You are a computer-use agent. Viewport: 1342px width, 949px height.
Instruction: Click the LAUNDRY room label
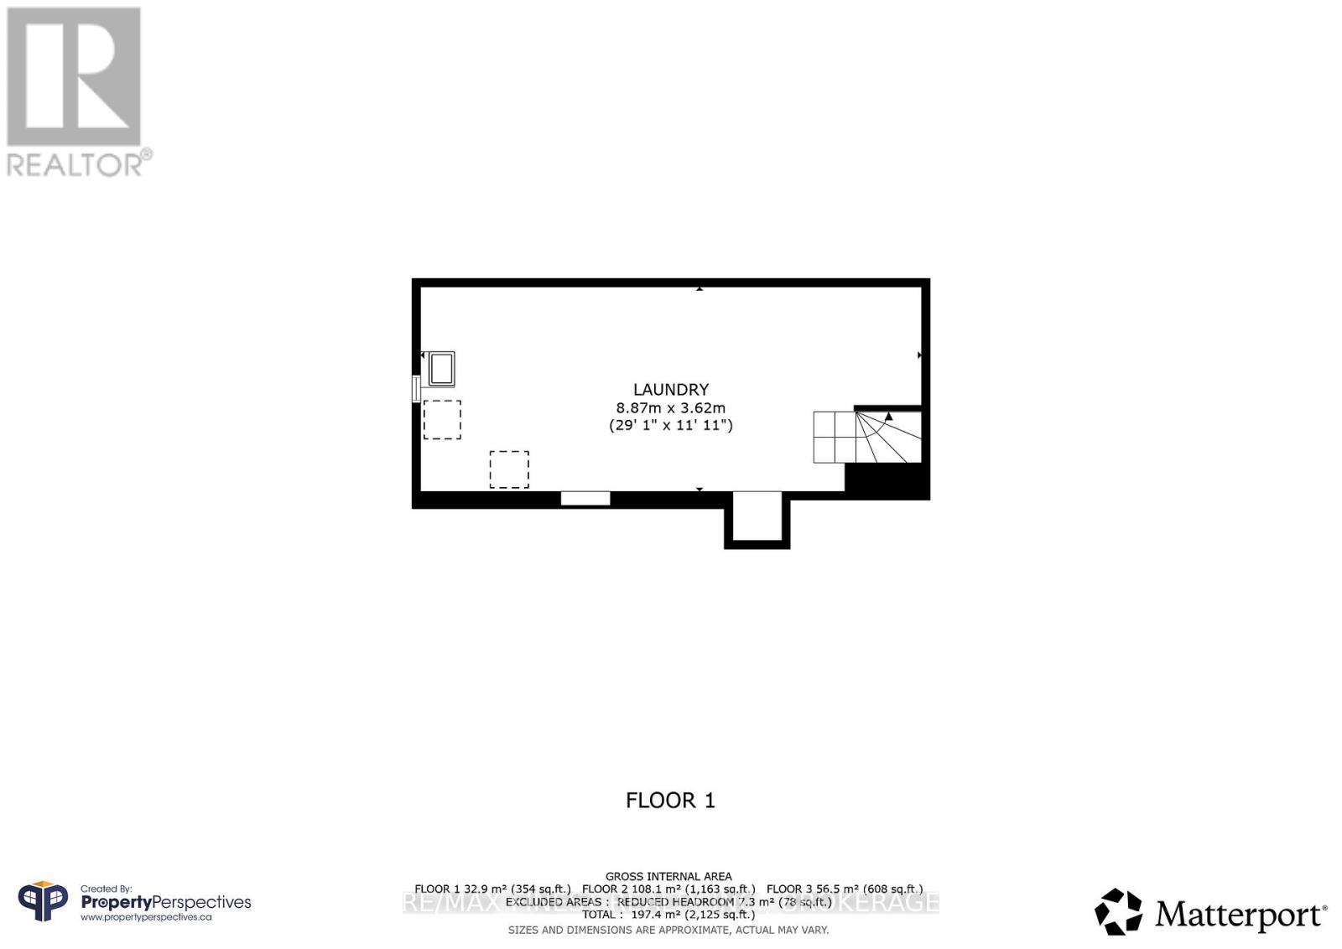(x=670, y=389)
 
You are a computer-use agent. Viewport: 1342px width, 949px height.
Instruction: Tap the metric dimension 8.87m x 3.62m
(x=670, y=407)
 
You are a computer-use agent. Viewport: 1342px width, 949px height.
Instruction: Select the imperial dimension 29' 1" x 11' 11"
(x=670, y=425)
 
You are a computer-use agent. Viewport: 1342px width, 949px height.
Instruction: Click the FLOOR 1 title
(x=670, y=801)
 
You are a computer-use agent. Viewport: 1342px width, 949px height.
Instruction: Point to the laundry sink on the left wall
(x=441, y=369)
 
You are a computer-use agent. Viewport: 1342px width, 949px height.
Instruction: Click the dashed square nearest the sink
(x=442, y=420)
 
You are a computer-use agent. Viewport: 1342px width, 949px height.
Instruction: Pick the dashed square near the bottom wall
(x=509, y=469)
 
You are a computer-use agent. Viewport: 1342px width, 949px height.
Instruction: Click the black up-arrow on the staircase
(x=889, y=416)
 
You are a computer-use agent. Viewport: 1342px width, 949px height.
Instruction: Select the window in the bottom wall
(x=585, y=499)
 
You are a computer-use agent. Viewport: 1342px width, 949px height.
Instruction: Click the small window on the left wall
(x=415, y=389)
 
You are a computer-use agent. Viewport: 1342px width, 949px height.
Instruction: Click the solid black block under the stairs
(x=887, y=481)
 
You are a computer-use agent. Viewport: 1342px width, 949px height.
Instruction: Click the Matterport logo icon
(x=1118, y=911)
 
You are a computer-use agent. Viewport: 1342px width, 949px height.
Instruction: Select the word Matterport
(x=1241, y=915)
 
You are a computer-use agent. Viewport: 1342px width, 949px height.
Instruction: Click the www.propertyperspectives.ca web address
(x=146, y=917)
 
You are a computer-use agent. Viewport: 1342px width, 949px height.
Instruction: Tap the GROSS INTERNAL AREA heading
(x=668, y=876)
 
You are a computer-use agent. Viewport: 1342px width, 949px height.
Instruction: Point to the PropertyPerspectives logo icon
(x=43, y=902)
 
